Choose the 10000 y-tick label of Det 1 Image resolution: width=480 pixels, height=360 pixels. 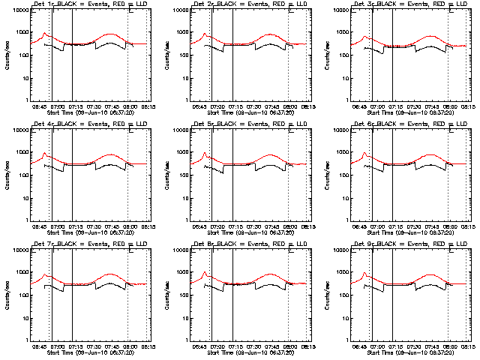[19, 10]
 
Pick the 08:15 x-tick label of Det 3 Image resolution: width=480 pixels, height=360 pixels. [468, 106]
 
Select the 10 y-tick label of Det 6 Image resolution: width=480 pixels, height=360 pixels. [343, 198]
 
